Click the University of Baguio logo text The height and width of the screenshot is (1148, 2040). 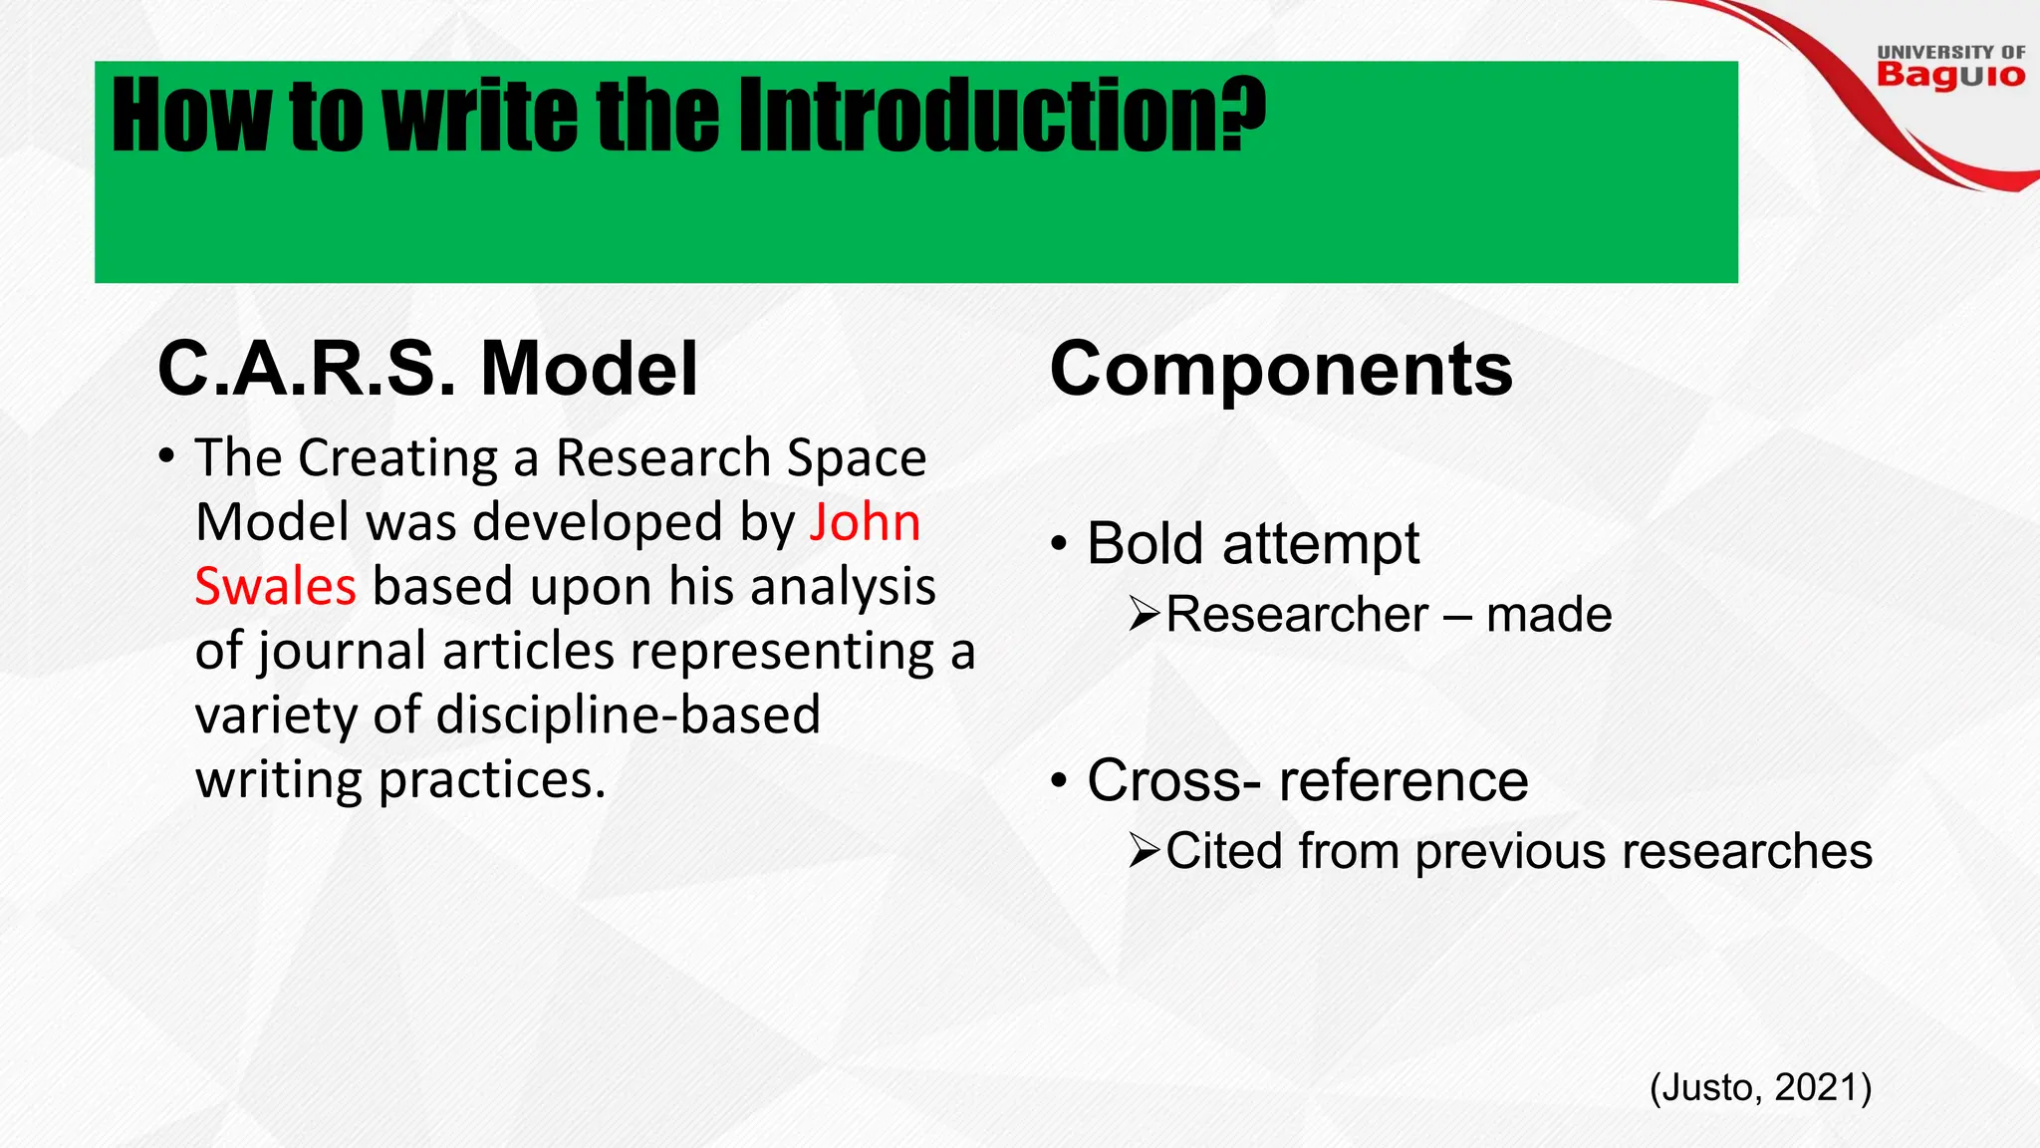(x=1950, y=68)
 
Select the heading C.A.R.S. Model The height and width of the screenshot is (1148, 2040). (x=427, y=370)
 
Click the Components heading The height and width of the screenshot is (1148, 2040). (x=1281, y=370)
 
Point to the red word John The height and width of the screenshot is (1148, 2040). (x=865, y=523)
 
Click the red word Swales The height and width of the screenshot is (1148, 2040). (x=275, y=587)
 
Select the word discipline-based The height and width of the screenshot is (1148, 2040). (x=628, y=716)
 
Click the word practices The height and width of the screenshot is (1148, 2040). (x=492, y=779)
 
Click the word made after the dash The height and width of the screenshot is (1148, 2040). (x=1549, y=615)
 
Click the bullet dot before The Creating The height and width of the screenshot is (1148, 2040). (x=166, y=458)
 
